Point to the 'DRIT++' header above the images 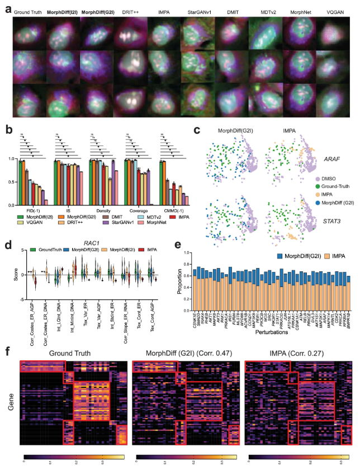click(127, 11)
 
